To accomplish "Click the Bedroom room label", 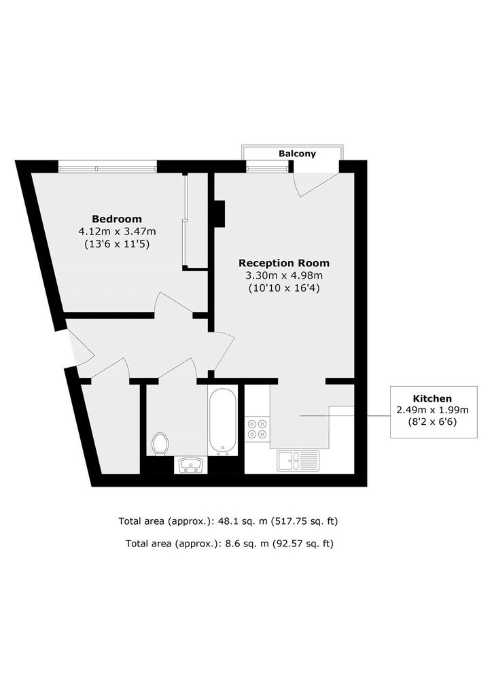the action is pos(117,219).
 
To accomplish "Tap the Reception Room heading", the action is pos(284,263).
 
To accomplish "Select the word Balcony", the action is pos(297,154).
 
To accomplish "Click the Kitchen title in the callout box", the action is pos(432,398).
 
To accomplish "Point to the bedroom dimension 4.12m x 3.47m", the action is pos(117,231).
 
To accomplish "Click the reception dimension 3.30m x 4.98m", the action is pos(284,276).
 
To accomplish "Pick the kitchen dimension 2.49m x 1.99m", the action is pos(433,410).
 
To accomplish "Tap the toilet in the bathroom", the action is pos(160,444).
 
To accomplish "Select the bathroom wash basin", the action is pos(191,465).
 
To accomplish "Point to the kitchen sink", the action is pos(298,460).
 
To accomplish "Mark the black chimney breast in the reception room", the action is pos(220,213).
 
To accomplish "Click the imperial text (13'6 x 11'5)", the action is pos(117,244).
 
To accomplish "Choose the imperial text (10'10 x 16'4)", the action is pos(284,288).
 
